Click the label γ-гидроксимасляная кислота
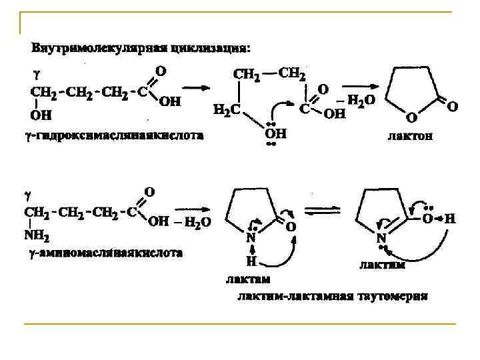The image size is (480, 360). pos(111,137)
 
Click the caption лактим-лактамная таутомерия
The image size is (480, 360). pos(333,294)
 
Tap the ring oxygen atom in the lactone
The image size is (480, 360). pos(411,118)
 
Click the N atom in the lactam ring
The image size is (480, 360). pos(251,237)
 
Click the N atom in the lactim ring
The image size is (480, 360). pos(381,237)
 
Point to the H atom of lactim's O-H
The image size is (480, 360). pos(451,217)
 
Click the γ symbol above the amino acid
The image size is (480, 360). pos(27,195)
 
